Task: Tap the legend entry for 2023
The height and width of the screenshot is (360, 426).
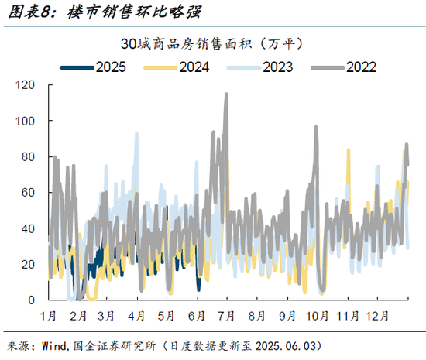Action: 277,67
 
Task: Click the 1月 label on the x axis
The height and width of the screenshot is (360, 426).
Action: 48,316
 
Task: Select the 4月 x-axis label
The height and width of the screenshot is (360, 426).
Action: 137,316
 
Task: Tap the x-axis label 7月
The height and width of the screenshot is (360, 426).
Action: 228,316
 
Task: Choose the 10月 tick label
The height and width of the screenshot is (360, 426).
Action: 317,316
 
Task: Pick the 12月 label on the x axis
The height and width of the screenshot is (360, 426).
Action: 377,316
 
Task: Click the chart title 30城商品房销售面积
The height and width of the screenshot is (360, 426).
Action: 212,42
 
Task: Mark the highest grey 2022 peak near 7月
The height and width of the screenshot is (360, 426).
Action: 226,94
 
